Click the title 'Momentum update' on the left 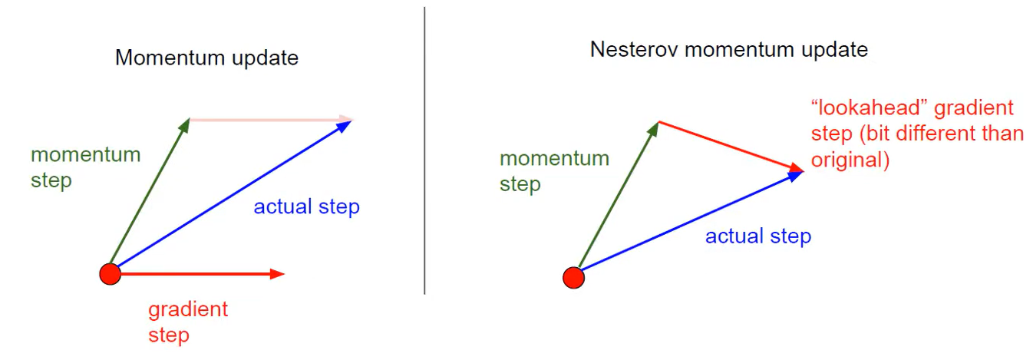(x=206, y=58)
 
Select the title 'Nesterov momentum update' (x=728, y=50)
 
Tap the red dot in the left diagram (x=111, y=273)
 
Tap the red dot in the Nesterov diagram (x=573, y=277)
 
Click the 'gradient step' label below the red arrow (x=187, y=322)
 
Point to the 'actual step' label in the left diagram (x=306, y=206)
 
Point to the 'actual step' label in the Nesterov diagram (x=757, y=236)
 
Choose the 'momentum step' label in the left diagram (x=85, y=167)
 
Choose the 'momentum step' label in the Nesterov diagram (x=553, y=171)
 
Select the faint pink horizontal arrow (x=269, y=120)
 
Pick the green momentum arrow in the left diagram (x=150, y=195)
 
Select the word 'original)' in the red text (x=850, y=162)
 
